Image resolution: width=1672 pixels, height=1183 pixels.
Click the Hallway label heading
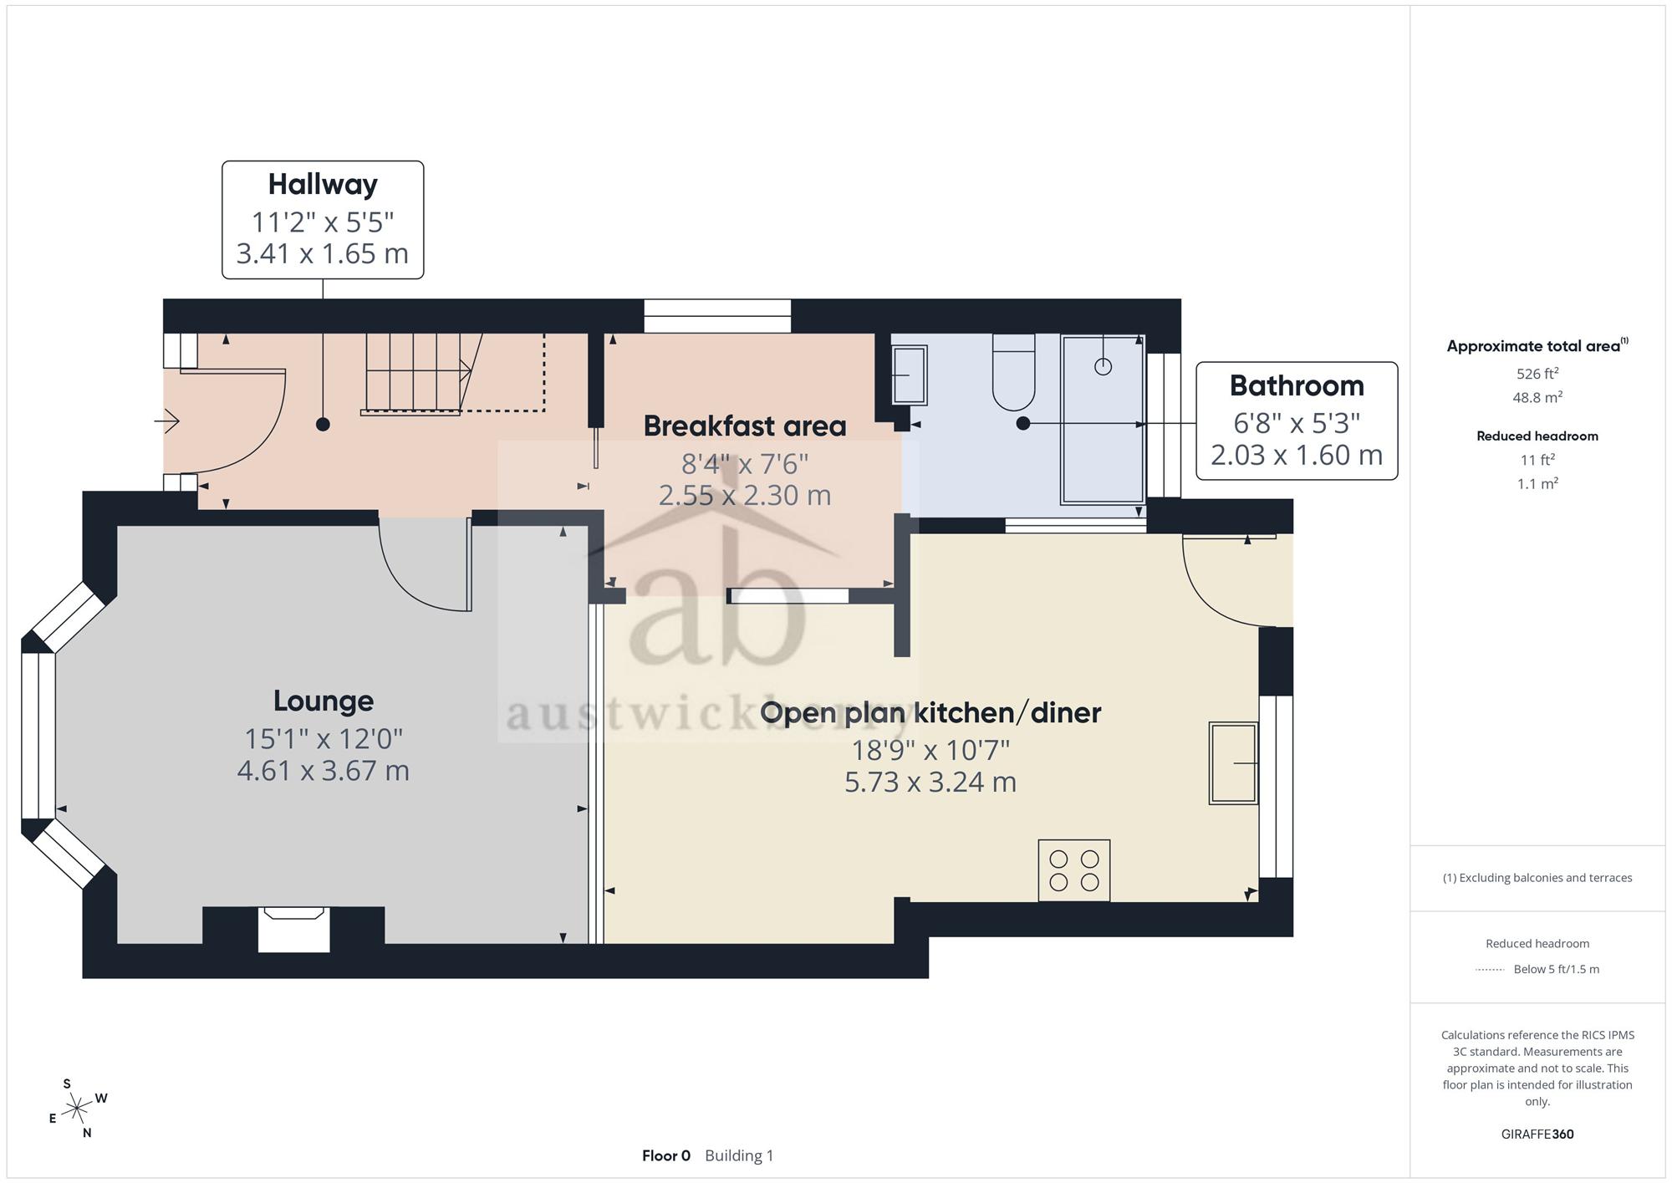(x=323, y=185)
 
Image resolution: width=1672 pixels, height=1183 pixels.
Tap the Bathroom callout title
(x=1297, y=385)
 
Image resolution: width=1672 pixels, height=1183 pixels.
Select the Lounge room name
(x=324, y=701)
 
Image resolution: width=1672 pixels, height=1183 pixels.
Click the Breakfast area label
(x=745, y=426)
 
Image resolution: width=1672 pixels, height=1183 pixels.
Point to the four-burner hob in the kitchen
(x=1074, y=870)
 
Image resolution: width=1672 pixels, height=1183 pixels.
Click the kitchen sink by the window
(x=1233, y=763)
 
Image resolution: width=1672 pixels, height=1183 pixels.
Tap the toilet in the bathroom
(x=1014, y=372)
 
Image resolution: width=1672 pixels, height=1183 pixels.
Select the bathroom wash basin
(x=910, y=375)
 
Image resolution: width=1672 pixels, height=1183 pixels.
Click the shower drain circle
(x=1104, y=366)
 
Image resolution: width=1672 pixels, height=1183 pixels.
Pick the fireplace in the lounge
(x=293, y=929)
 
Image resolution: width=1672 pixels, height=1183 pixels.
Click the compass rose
(x=78, y=1109)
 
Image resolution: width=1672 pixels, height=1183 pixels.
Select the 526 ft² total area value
(x=1537, y=374)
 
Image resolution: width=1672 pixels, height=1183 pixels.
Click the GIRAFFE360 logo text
(x=1537, y=1135)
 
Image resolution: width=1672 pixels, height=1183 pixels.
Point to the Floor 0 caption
(x=666, y=1155)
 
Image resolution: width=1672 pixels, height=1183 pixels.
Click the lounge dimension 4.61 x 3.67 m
(x=324, y=770)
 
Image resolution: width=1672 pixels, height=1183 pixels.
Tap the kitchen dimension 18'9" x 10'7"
(x=930, y=750)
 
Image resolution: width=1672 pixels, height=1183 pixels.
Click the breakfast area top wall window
(x=717, y=316)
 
